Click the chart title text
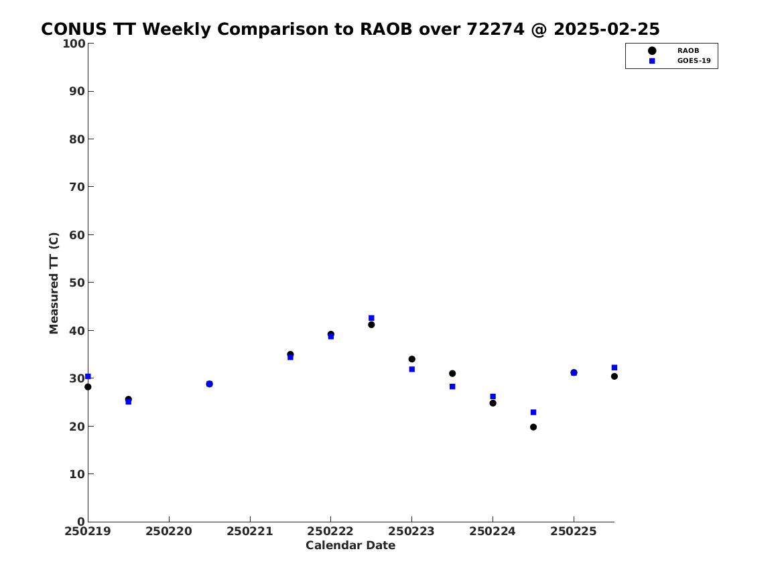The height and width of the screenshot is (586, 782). [x=350, y=29]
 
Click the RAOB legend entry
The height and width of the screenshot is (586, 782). [x=673, y=50]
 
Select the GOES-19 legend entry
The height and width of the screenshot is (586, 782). [x=679, y=61]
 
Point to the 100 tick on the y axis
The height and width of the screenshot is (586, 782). [x=74, y=44]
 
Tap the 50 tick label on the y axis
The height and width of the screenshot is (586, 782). [x=77, y=283]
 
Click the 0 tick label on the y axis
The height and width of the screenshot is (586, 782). [x=81, y=522]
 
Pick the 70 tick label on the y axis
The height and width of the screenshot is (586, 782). [x=77, y=187]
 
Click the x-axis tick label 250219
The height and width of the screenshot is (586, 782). [x=88, y=532]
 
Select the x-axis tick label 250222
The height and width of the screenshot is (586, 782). [x=330, y=532]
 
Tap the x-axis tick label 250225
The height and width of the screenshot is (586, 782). [x=574, y=532]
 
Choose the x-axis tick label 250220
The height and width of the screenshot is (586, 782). [x=169, y=532]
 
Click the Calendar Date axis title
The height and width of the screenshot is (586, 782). [x=350, y=546]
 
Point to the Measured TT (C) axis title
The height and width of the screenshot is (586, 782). [x=54, y=283]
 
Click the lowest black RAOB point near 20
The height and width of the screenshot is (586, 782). [x=533, y=427]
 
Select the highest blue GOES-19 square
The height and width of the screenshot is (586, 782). [x=371, y=318]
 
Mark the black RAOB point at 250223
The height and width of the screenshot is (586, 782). [x=411, y=359]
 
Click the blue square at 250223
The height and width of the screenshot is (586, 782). [x=411, y=369]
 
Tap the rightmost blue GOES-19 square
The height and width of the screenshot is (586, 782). [x=614, y=367]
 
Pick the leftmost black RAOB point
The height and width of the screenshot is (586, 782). [x=88, y=386]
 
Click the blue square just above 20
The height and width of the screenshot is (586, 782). [x=533, y=412]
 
